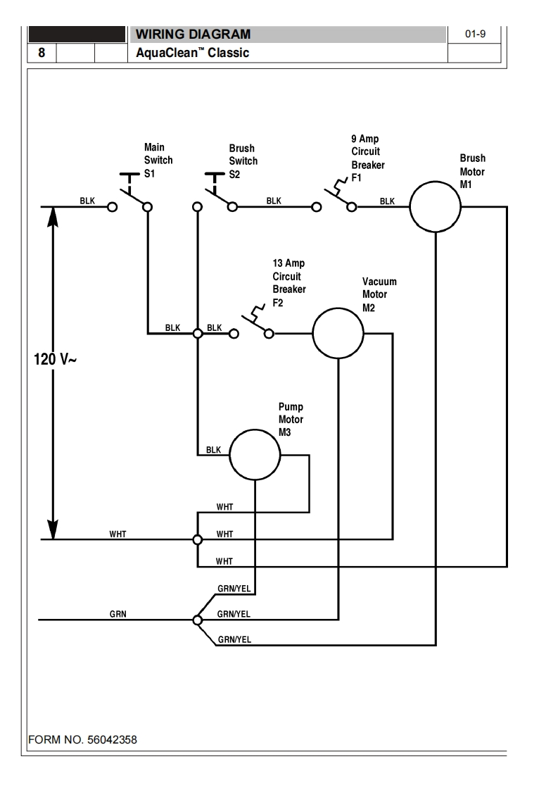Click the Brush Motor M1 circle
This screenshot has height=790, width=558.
point(436,207)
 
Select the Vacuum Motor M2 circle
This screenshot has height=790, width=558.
point(338,333)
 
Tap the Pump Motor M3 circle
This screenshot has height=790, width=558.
point(255,456)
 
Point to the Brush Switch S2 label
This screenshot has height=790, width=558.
point(242,161)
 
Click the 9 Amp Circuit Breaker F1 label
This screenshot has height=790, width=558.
point(367,158)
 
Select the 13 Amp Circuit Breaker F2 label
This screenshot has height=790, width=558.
point(288,283)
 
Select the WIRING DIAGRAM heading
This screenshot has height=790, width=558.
point(193,34)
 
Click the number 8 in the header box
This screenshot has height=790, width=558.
point(42,53)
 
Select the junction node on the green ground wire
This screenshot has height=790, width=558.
point(197,620)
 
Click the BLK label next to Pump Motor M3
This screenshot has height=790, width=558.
point(213,450)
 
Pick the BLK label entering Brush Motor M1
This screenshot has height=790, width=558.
point(387,201)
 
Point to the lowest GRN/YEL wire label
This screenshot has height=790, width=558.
point(234,640)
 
